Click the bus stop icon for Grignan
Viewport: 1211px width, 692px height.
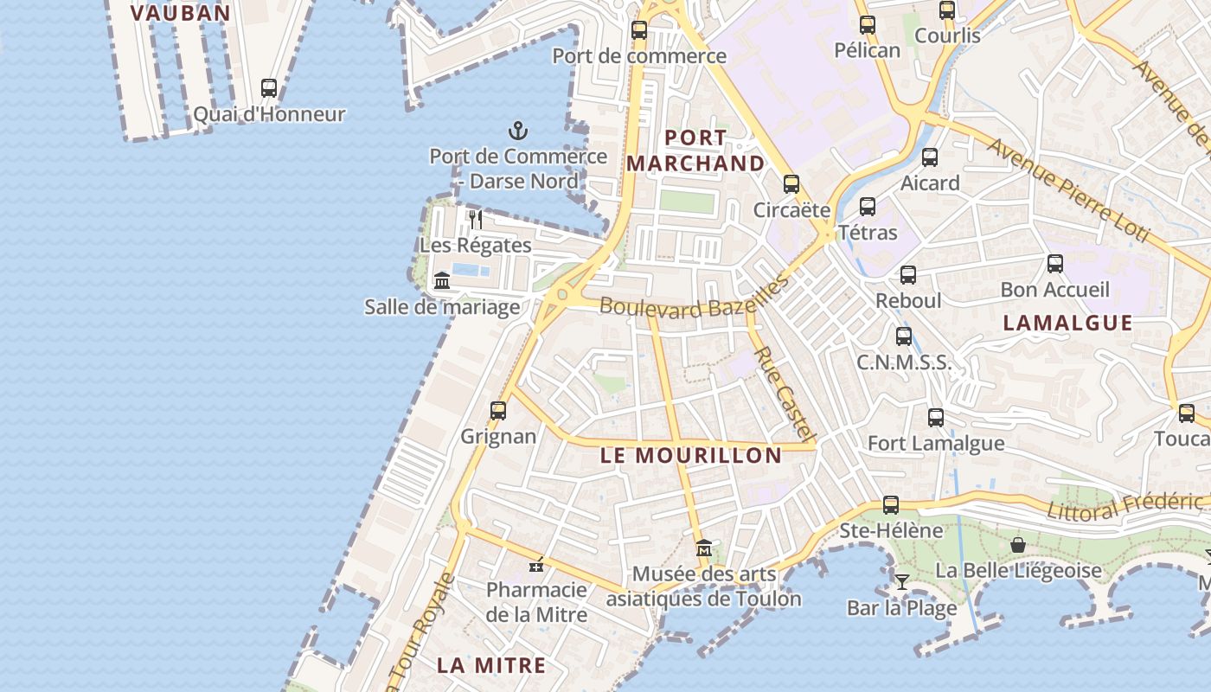(498, 411)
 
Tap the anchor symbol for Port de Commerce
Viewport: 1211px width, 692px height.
(517, 131)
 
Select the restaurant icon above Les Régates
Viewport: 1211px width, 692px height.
(475, 220)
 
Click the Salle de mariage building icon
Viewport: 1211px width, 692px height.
(442, 280)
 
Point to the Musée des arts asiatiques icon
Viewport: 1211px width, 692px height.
(703, 548)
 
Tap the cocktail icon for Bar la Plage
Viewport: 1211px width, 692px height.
(902, 581)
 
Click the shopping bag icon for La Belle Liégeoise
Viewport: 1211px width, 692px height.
(1018, 545)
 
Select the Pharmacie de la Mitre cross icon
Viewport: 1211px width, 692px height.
(536, 565)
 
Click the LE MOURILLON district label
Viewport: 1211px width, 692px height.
(691, 456)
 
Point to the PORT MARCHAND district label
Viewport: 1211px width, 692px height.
(695, 151)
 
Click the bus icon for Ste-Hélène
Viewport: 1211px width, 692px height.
(891, 504)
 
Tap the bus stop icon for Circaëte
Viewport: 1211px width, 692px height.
(791, 183)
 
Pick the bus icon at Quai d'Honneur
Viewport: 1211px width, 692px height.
(269, 88)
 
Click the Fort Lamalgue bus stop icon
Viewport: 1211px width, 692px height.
(936, 418)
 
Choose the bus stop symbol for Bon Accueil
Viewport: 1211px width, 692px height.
(1055, 264)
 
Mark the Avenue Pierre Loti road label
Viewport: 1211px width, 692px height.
(1067, 190)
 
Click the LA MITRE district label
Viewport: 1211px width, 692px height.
(490, 665)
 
